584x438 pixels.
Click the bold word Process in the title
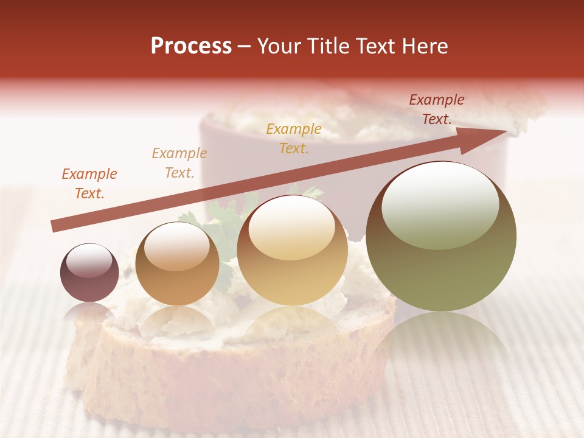pos(191,46)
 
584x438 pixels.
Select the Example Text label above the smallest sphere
pos(89,184)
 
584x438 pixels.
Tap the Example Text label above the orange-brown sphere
pos(179,163)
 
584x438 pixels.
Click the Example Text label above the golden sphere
pos(294,138)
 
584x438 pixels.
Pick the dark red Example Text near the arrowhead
pos(437,109)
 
